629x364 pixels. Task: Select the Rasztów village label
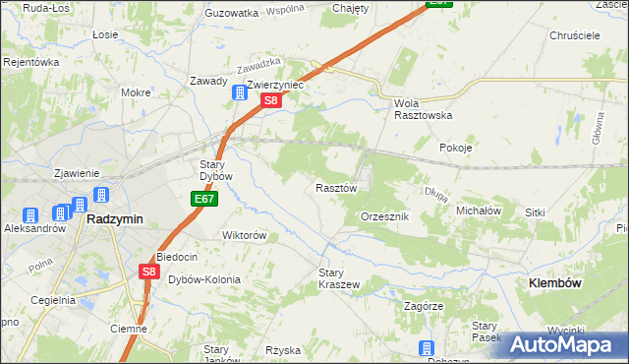(335, 188)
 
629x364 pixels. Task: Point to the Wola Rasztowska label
(423, 108)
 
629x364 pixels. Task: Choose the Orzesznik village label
(391, 215)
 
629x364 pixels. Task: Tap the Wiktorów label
(245, 236)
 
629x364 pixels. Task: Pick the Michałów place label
(480, 211)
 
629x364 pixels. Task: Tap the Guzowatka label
(231, 13)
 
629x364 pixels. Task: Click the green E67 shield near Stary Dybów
(203, 199)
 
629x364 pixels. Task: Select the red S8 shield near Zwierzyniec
(272, 100)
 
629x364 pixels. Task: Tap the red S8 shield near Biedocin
(148, 272)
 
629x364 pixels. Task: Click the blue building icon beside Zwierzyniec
(238, 93)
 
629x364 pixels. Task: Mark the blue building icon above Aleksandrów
(30, 215)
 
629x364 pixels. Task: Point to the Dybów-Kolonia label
(204, 279)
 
